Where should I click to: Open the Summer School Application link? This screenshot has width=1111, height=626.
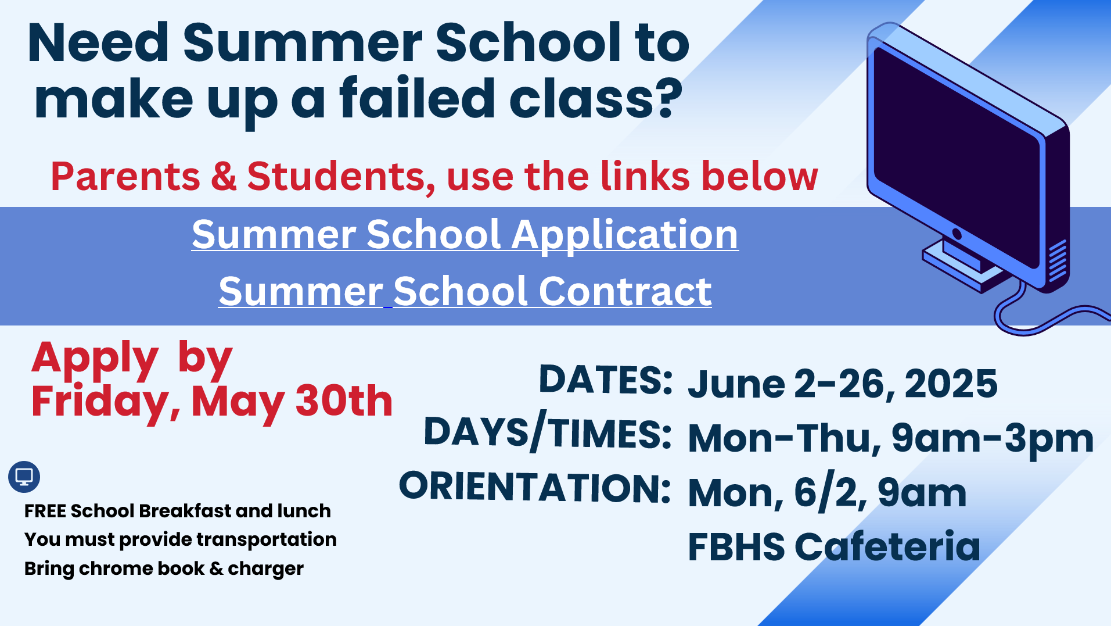[x=465, y=235]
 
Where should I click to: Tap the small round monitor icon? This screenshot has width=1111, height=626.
[x=24, y=477]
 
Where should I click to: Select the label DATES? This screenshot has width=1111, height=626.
[x=606, y=380]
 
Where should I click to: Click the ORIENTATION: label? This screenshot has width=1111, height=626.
[x=535, y=487]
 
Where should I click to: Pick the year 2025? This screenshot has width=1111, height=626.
[x=951, y=384]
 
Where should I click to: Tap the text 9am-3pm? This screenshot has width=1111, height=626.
[x=993, y=438]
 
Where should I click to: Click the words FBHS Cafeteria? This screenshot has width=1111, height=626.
[x=834, y=546]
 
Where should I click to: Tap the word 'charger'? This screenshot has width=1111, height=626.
[x=265, y=569]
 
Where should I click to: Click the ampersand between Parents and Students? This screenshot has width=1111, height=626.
[x=224, y=176]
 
